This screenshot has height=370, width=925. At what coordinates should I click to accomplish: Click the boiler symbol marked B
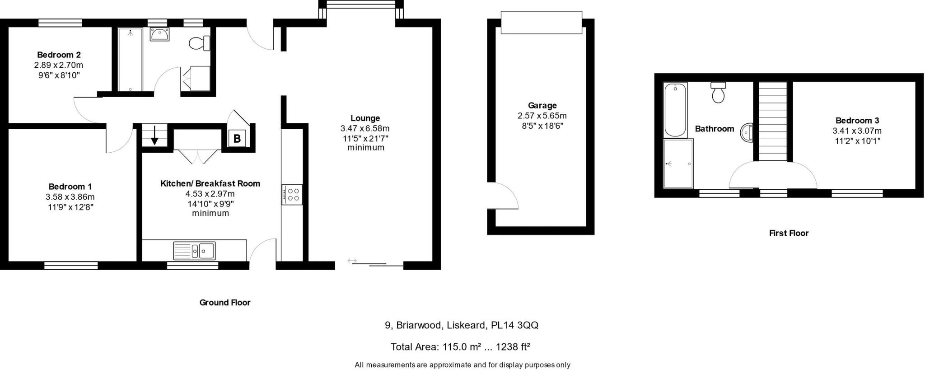click(237, 139)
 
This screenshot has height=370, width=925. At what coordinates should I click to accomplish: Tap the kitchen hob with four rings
click(292, 194)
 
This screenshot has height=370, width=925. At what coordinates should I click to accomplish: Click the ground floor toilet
click(199, 44)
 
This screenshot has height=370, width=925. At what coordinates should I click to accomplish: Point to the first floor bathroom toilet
click(718, 93)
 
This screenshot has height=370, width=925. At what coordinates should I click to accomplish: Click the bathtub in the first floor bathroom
click(675, 110)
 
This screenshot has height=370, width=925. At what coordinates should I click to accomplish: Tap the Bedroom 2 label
click(59, 55)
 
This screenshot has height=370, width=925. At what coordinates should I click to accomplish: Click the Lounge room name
click(365, 118)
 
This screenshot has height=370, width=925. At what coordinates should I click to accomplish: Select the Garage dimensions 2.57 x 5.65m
click(542, 116)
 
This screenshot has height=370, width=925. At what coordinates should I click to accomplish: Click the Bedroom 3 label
click(857, 121)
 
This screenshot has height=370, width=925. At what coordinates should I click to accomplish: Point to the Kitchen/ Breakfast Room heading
click(210, 183)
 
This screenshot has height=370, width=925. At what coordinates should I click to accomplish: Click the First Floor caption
click(789, 233)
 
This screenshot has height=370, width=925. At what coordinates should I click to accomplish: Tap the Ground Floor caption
click(225, 303)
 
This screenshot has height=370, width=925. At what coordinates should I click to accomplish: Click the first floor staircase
click(772, 121)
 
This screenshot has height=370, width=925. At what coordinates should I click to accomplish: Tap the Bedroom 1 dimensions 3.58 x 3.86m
click(70, 197)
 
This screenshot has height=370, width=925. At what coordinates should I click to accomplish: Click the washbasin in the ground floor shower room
click(159, 34)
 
